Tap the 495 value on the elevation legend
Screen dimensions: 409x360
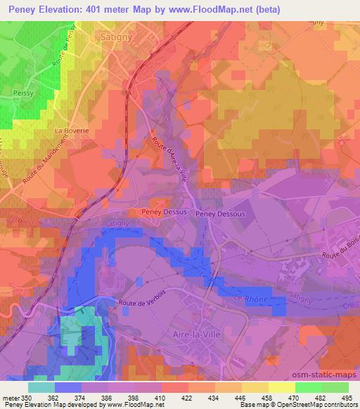tap(347, 398)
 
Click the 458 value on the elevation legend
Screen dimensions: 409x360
tap(266, 398)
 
